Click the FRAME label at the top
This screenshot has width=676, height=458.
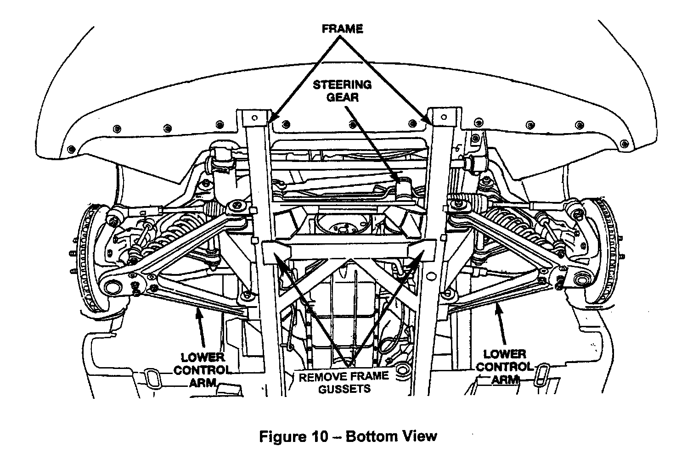tap(342, 28)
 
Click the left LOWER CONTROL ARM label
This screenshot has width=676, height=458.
tap(202, 370)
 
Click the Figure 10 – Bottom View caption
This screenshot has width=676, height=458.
tap(348, 436)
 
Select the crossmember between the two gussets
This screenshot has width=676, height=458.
tap(349, 250)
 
